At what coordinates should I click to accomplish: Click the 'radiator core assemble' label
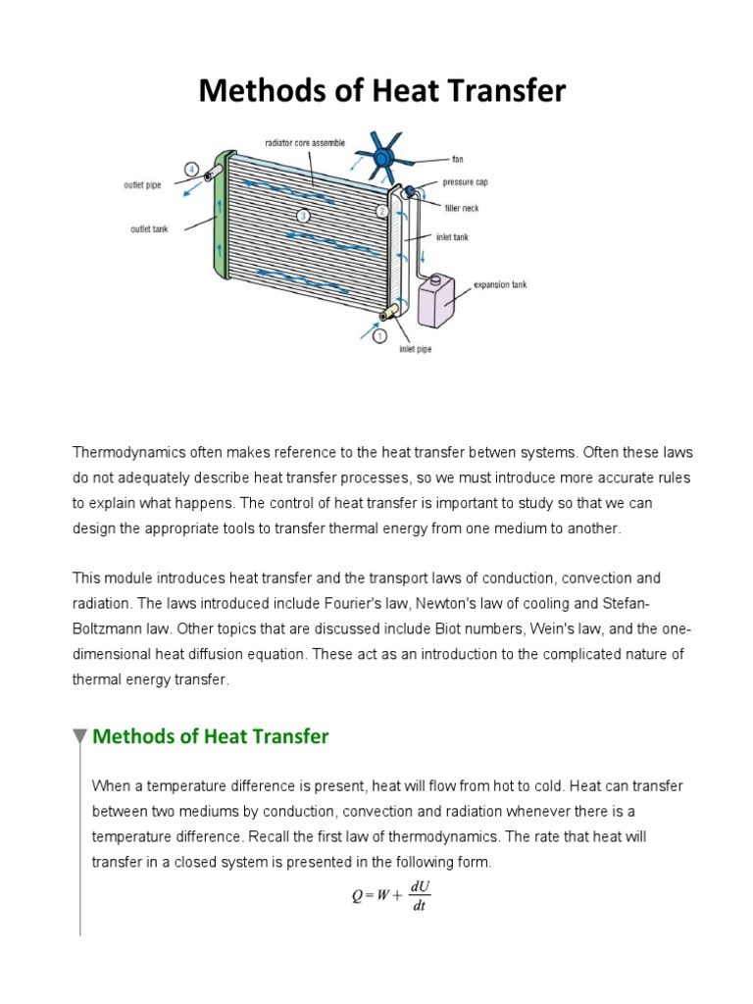(305, 143)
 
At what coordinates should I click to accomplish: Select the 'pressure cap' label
(465, 182)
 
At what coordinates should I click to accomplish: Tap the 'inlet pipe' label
(416, 346)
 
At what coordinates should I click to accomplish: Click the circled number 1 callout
(380, 338)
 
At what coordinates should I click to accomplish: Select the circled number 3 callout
(303, 215)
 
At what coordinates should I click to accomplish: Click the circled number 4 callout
(192, 168)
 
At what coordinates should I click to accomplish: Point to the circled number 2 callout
(382, 210)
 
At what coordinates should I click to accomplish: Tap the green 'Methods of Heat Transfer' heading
(210, 736)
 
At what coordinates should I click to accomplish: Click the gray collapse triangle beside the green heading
(79, 737)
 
